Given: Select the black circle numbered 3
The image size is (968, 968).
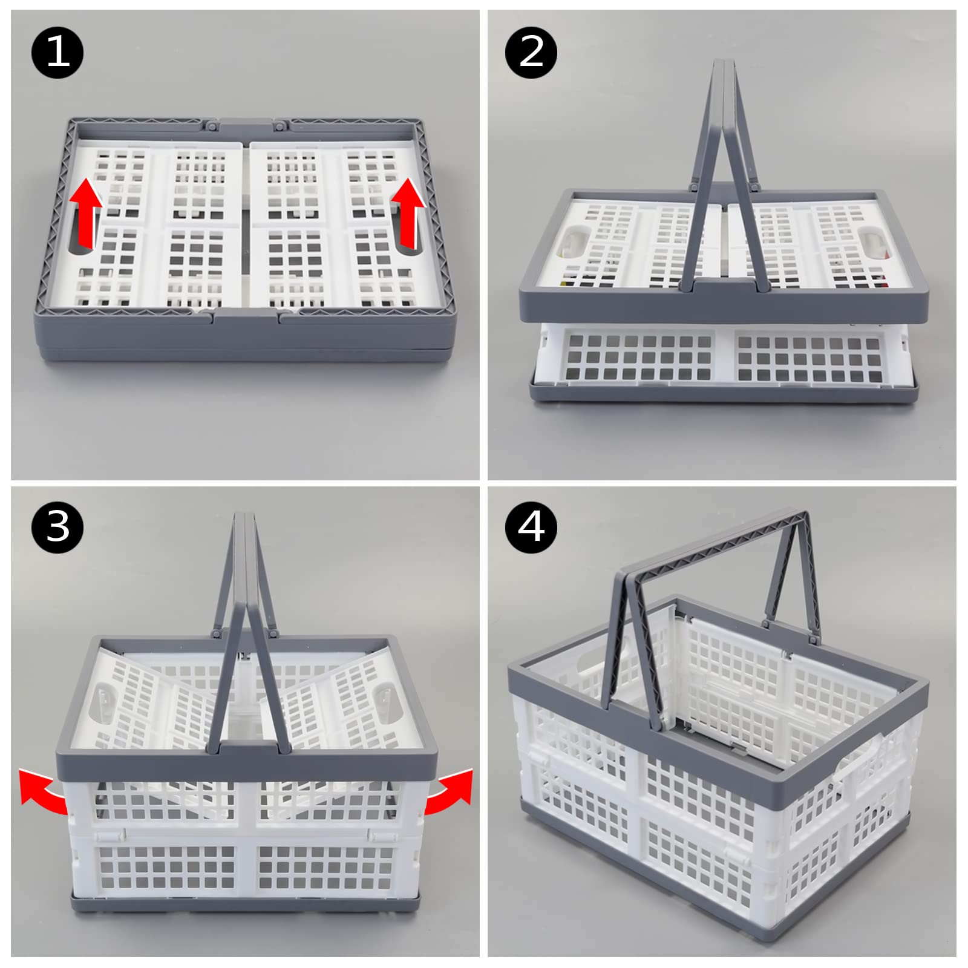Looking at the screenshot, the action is click(x=57, y=526).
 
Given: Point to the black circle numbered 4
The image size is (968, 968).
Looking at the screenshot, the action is click(x=531, y=526).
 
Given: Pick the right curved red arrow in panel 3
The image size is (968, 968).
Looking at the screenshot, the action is click(x=449, y=789).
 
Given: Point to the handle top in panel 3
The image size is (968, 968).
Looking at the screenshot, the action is click(x=245, y=516).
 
